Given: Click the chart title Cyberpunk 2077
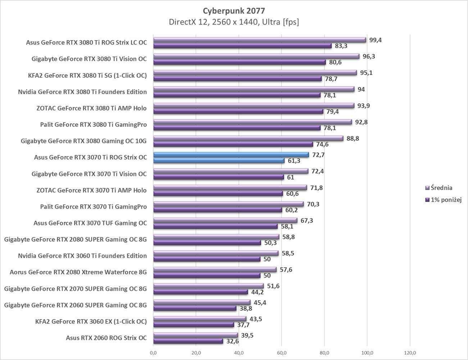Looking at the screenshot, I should click(234, 10).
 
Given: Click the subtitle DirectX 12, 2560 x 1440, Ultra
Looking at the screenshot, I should click(234, 22).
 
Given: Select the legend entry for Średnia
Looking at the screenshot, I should click(441, 188).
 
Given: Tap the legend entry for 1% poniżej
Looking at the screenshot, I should click(446, 199).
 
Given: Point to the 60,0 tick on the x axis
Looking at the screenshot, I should click(282, 352).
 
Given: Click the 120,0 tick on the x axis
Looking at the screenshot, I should click(410, 352).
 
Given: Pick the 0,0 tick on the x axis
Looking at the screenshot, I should click(153, 352).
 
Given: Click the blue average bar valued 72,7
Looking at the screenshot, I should click(231, 155).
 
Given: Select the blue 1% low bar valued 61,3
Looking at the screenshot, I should click(218, 161).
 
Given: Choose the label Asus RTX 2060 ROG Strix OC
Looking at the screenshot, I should click(106, 338).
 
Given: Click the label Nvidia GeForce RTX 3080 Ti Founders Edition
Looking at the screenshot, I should click(82, 92).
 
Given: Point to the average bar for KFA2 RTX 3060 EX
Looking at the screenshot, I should click(200, 319).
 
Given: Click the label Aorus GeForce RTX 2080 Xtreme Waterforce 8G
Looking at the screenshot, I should click(78, 272).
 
